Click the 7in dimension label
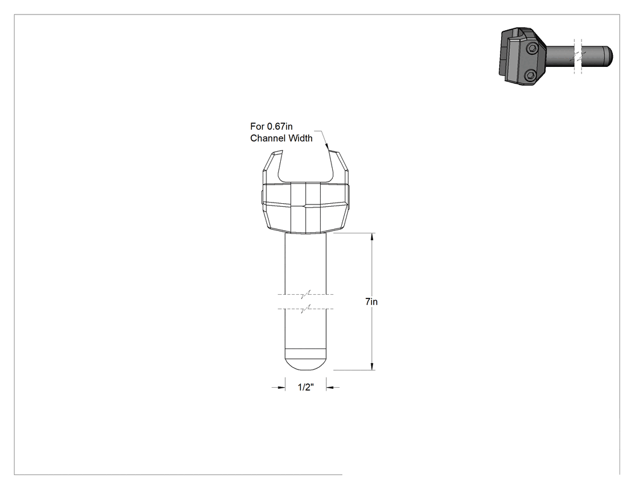371,301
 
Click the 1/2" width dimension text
306,387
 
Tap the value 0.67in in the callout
280,127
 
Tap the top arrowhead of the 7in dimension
373,237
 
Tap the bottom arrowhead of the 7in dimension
373,366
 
